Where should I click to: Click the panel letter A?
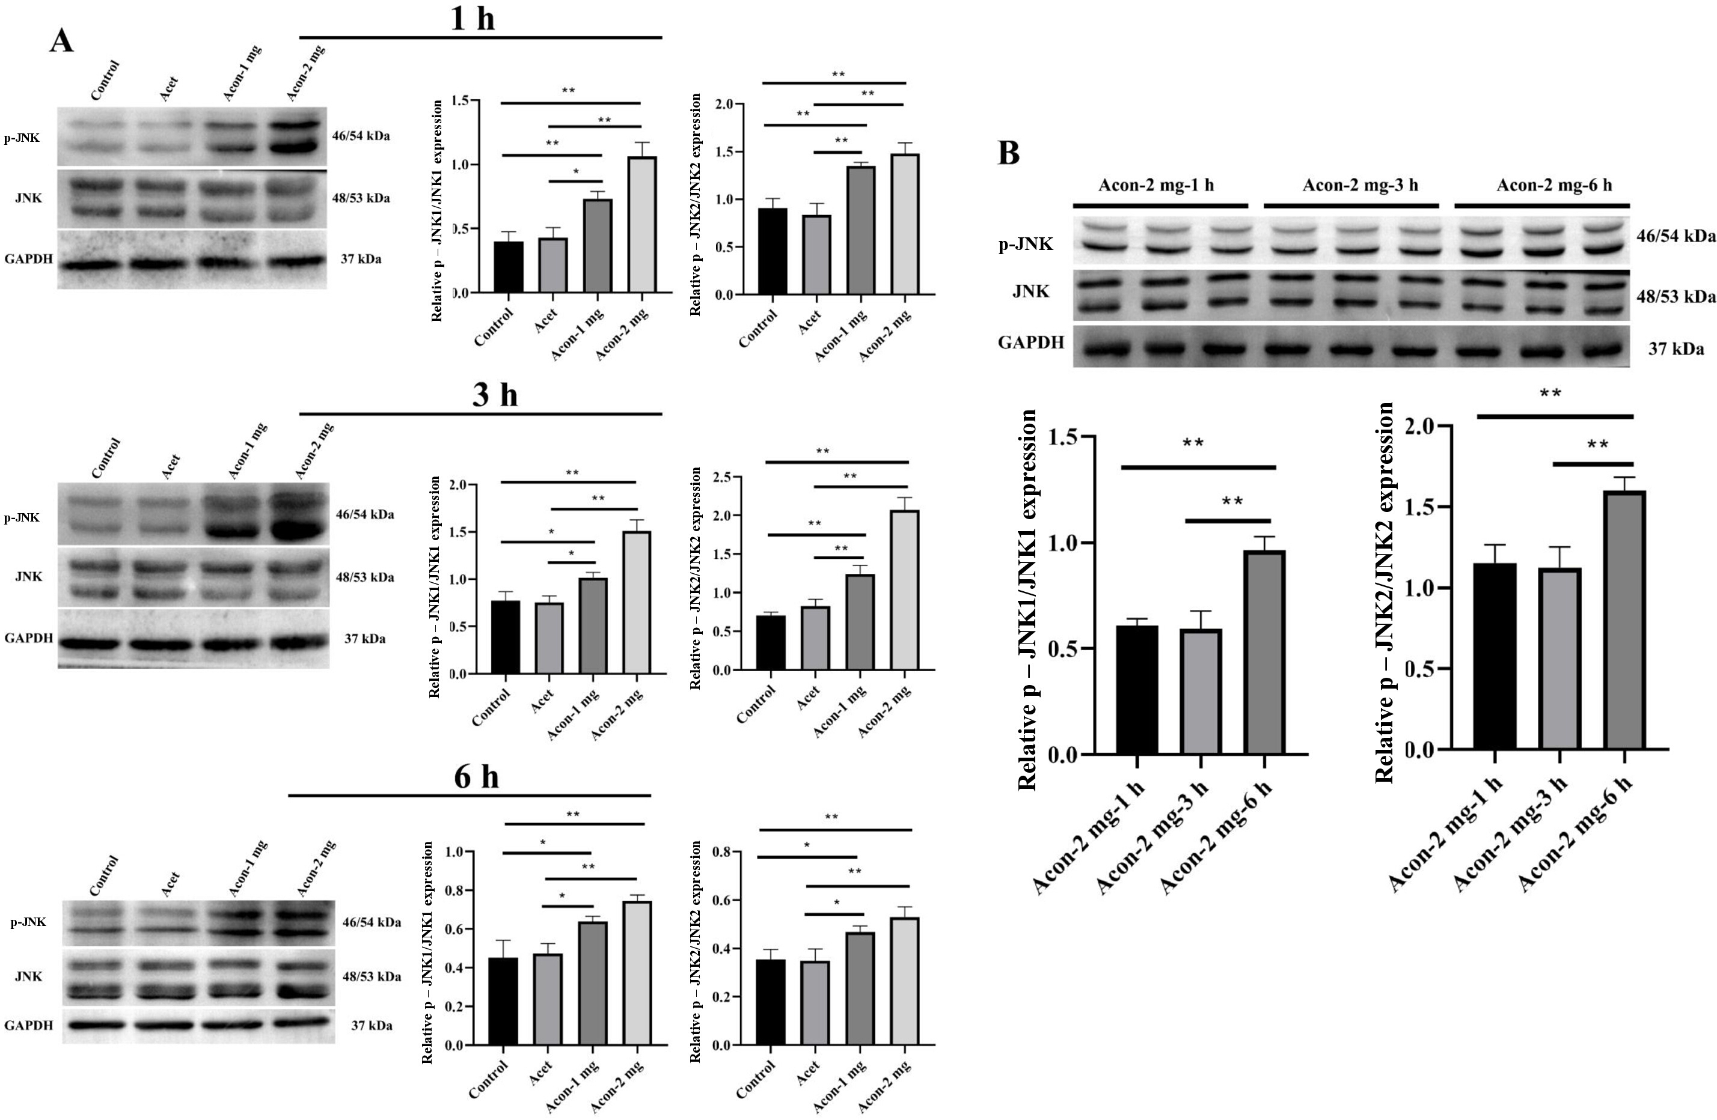click(61, 40)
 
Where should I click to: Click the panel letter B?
click(1009, 153)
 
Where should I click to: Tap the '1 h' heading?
click(473, 17)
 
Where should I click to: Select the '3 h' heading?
click(495, 395)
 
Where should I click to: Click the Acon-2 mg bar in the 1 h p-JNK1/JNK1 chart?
click(641, 224)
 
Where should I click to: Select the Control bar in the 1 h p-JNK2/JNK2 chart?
click(773, 251)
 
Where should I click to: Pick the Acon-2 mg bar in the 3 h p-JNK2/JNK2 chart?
click(905, 590)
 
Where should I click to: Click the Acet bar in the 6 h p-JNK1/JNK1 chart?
click(548, 999)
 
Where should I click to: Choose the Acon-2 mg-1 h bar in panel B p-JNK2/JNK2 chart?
click(1495, 656)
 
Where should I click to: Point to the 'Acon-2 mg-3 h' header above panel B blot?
click(1360, 185)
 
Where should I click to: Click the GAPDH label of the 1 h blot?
click(29, 259)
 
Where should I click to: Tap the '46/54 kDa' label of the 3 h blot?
click(365, 515)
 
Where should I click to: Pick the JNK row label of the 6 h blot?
click(29, 976)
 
